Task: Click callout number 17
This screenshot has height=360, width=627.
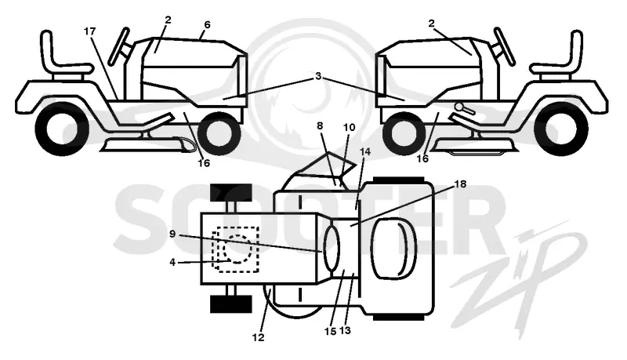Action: (x=90, y=31)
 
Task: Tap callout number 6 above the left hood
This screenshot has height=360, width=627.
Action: (x=207, y=25)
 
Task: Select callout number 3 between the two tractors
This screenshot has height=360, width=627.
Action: (x=318, y=76)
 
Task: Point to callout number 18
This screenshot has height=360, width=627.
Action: (x=461, y=184)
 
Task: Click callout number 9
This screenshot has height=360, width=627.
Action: (x=172, y=234)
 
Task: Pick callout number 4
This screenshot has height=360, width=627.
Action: (x=172, y=263)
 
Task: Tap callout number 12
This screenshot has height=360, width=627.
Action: (x=259, y=337)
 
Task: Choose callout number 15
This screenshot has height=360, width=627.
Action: (x=330, y=332)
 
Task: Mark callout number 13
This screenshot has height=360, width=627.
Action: (x=345, y=331)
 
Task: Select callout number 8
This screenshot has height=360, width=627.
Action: (x=320, y=125)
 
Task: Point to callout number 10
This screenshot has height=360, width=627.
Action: (x=349, y=127)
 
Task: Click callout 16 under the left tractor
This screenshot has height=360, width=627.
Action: (x=204, y=163)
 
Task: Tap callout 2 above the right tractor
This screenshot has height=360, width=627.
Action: (x=431, y=24)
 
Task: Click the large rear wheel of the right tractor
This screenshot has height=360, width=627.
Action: (x=563, y=129)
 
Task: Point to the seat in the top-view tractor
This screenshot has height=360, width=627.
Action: (x=394, y=249)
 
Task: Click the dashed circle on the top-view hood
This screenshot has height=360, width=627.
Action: (x=238, y=249)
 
